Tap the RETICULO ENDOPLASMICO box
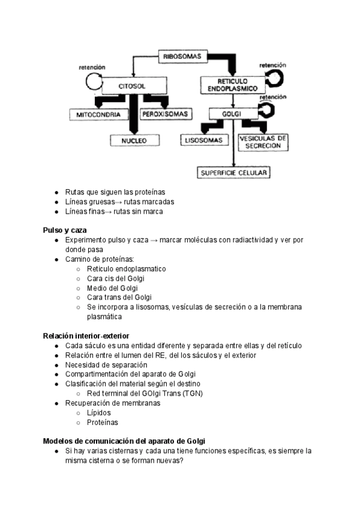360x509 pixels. pos(232,85)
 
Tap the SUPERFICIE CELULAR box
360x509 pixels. pos(234,173)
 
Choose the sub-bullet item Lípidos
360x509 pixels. pos(99,412)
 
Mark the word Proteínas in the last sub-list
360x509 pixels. pos(102,422)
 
